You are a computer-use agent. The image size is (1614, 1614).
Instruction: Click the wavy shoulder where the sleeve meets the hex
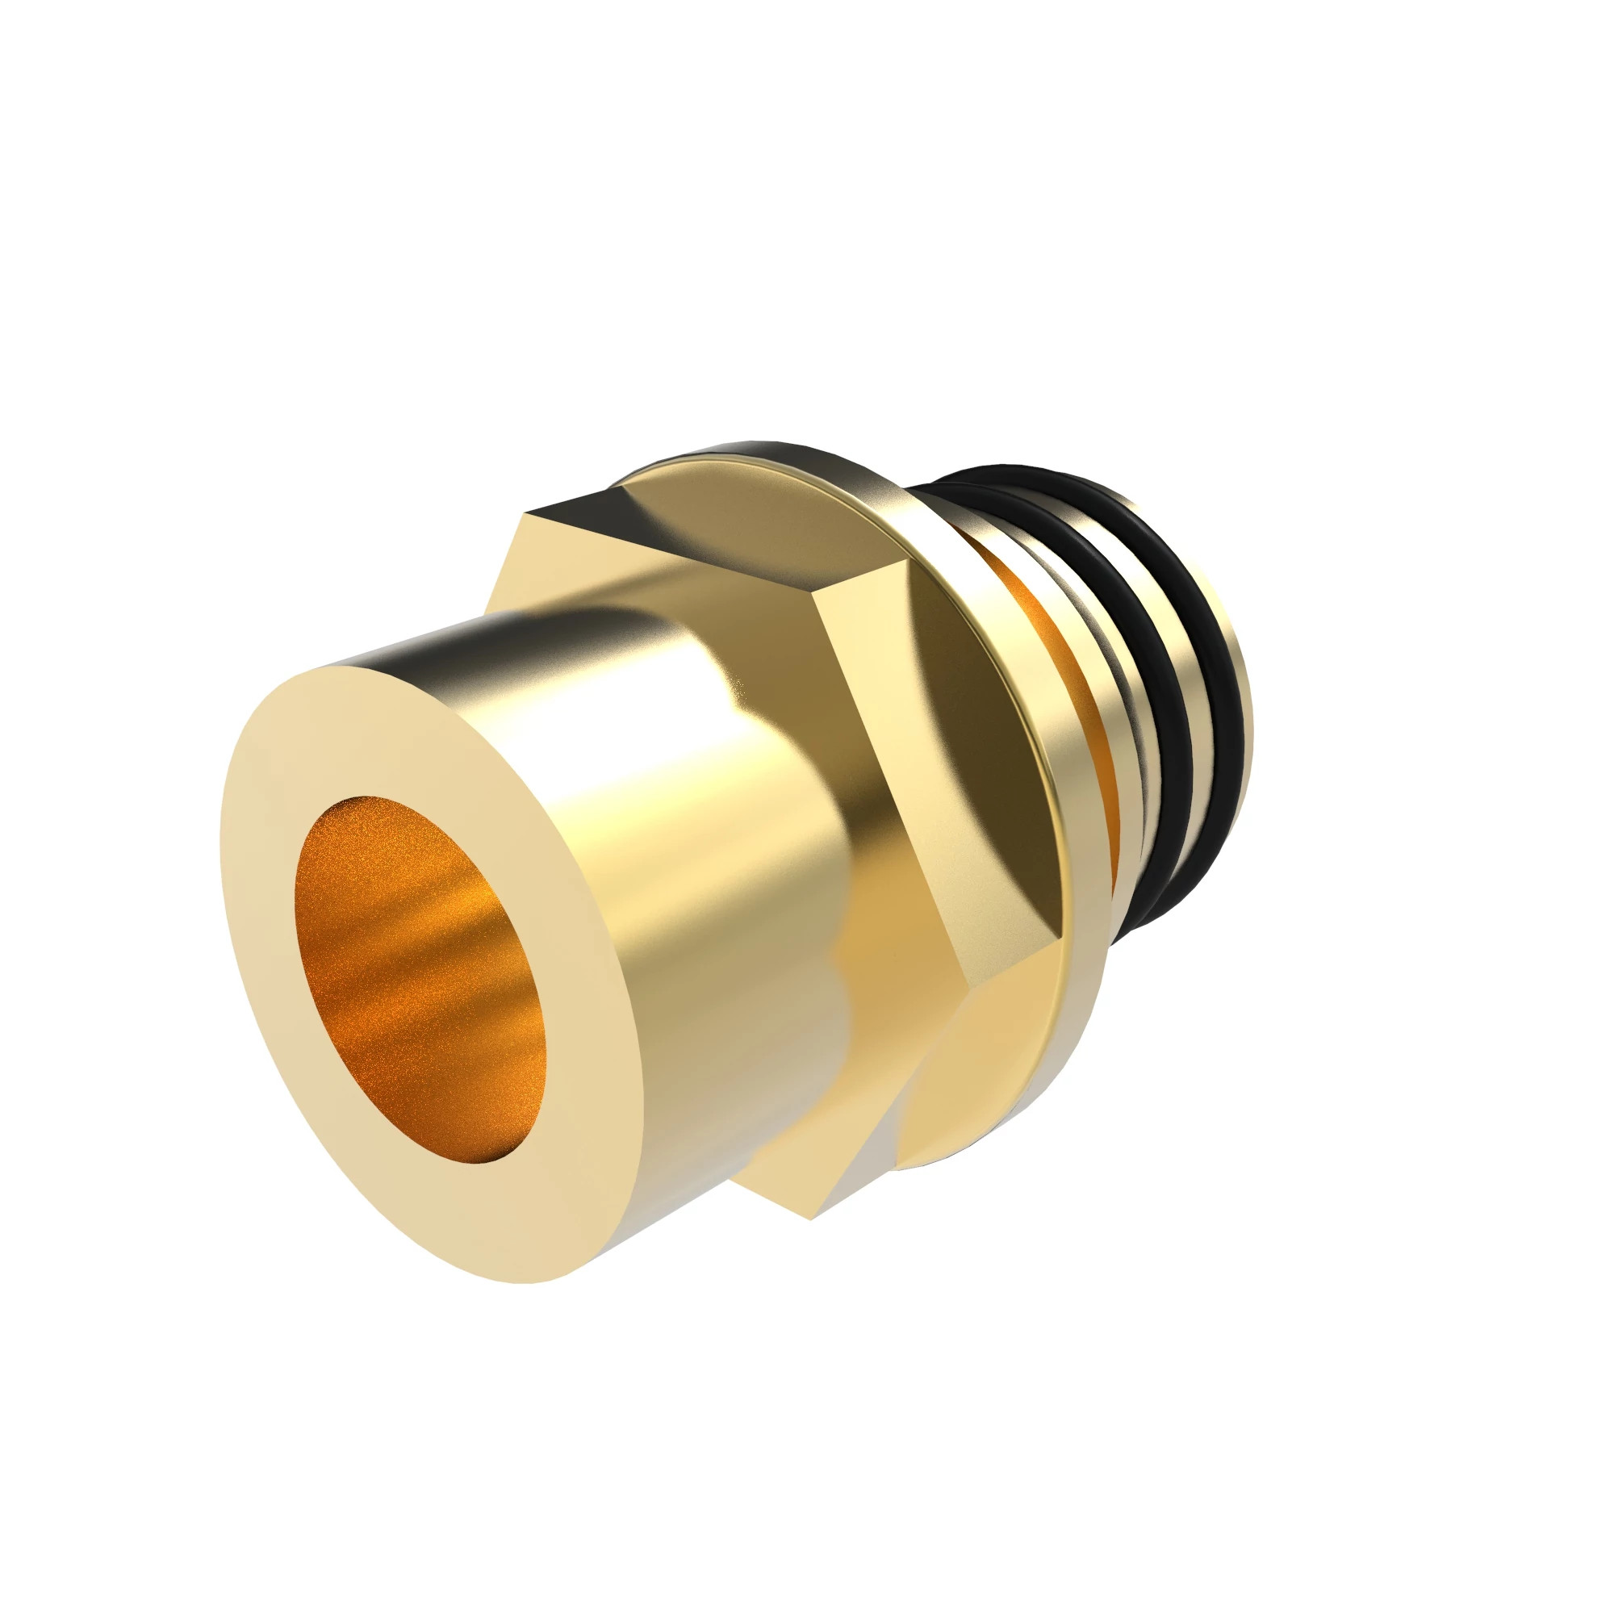pos(835,977)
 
